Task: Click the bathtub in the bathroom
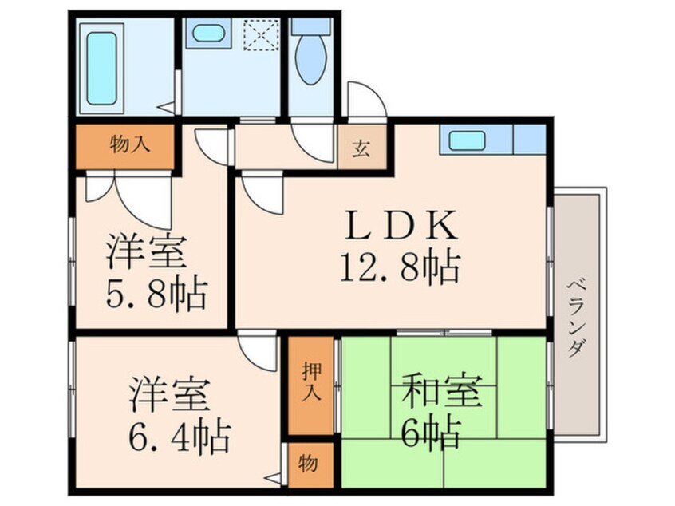click(x=102, y=69)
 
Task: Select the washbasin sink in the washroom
click(x=208, y=34)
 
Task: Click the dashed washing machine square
click(x=262, y=34)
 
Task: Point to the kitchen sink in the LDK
click(x=467, y=140)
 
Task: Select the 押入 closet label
click(x=311, y=381)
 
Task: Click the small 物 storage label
click(x=308, y=464)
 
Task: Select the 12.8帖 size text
click(x=401, y=267)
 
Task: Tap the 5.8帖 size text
click(x=156, y=295)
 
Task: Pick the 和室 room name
click(x=440, y=391)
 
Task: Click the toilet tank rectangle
click(x=312, y=26)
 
